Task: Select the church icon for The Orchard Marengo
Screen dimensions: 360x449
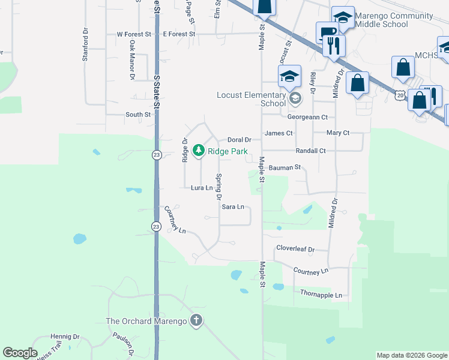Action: pos(195,320)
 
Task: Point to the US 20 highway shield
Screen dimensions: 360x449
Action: pos(399,95)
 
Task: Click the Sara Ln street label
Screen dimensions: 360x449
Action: pos(233,207)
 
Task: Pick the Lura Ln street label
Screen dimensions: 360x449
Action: pos(202,188)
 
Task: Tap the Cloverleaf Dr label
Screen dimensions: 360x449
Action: pos(295,248)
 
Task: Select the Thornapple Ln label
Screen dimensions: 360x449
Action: pos(321,295)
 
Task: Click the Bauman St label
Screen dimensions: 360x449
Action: pos(285,168)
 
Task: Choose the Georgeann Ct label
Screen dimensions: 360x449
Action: pos(307,118)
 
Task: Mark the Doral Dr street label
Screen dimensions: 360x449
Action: pos(239,140)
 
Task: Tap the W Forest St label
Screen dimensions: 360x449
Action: pos(134,35)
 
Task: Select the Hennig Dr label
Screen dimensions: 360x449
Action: pos(65,337)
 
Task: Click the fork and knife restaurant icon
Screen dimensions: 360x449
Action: pos(333,45)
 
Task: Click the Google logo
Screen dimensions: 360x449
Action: pos(20,353)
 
